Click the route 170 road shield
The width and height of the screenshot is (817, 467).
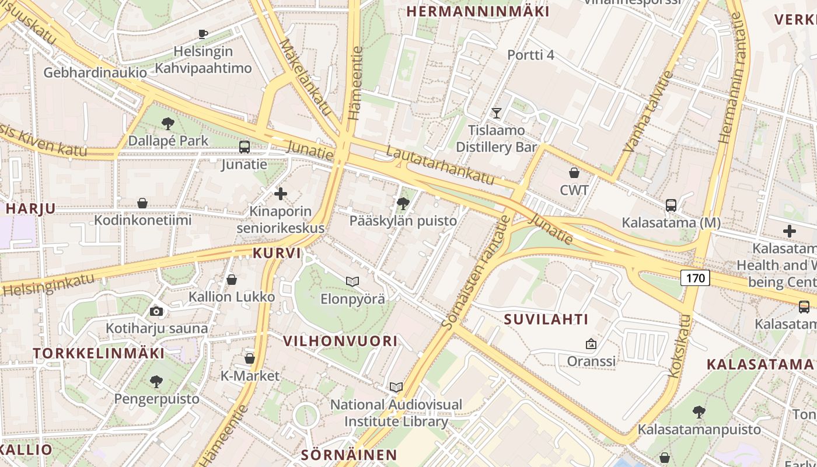695,278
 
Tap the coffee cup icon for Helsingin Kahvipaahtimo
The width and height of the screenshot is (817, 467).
203,34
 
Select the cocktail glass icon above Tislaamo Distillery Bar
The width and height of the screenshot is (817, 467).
497,113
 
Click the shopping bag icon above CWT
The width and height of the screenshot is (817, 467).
574,173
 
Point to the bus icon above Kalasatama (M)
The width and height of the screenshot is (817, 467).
671,205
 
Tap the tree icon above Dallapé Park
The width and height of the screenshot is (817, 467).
168,123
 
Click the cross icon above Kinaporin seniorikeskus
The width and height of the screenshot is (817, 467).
281,193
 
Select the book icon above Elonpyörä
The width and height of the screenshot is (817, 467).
352,281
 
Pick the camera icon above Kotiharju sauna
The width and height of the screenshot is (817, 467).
156,311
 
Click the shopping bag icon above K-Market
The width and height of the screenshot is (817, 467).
250,358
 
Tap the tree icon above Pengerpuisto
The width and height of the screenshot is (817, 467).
156,382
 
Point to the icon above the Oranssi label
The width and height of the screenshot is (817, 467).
591,344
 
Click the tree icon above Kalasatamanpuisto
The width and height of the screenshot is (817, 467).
699,412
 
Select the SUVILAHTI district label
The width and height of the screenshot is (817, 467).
546,319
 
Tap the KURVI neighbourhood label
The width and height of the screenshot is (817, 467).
277,253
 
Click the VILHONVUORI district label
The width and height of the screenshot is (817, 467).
340,341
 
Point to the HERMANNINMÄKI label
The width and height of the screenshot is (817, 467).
478,11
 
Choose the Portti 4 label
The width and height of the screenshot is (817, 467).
530,55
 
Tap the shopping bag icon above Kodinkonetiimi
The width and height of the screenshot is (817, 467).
142,203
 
